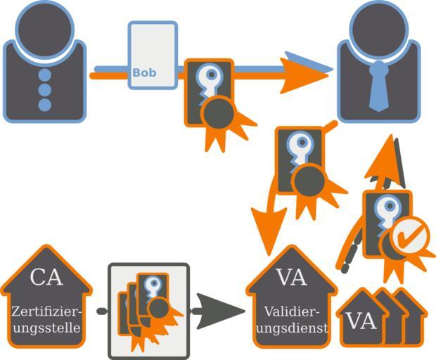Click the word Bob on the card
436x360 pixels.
tap(144, 72)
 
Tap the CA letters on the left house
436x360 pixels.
tap(46, 276)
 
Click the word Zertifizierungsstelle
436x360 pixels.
tap(46, 319)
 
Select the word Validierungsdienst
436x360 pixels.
tap(292, 320)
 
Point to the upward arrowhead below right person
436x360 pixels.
tap(385, 158)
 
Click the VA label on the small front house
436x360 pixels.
tap(361, 321)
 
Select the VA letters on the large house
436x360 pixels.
tap(292, 278)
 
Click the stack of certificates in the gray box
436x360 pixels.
tap(148, 309)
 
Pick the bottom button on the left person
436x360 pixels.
tap(44, 105)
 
